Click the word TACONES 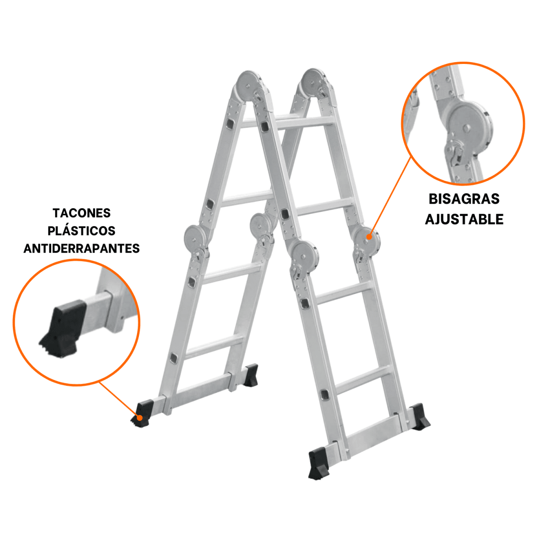[81, 213]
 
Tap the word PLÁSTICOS [81, 231]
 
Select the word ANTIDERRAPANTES [81, 248]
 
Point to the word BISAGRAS [464, 199]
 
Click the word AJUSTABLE [464, 219]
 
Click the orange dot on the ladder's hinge [369, 236]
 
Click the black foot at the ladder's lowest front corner [320, 464]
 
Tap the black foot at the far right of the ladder [419, 417]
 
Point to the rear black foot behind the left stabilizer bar [250, 375]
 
